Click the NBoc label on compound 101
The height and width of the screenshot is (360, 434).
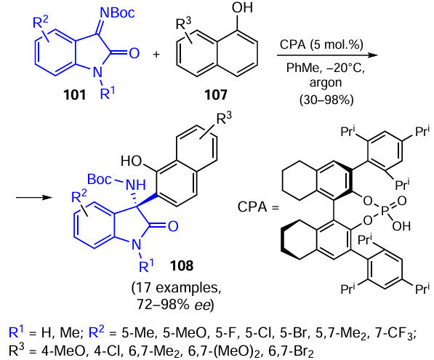[117, 13]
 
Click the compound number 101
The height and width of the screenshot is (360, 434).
[75, 95]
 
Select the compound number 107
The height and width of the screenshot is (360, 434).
[216, 95]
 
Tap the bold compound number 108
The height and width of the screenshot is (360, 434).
[182, 266]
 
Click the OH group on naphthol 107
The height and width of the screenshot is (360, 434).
[242, 7]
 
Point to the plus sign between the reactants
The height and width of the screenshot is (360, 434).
[156, 55]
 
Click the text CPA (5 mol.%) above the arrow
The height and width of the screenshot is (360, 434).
[321, 44]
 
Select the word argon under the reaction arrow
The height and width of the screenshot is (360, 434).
[326, 83]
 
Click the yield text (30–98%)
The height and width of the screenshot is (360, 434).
[326, 100]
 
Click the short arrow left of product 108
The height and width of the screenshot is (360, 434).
[34, 197]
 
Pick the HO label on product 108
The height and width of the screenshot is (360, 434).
[132, 161]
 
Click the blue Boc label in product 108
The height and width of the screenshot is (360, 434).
[100, 179]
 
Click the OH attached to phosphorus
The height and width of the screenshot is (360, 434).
[401, 226]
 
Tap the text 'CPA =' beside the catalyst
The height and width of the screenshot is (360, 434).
[258, 207]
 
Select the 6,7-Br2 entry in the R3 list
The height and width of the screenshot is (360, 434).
[292, 351]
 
